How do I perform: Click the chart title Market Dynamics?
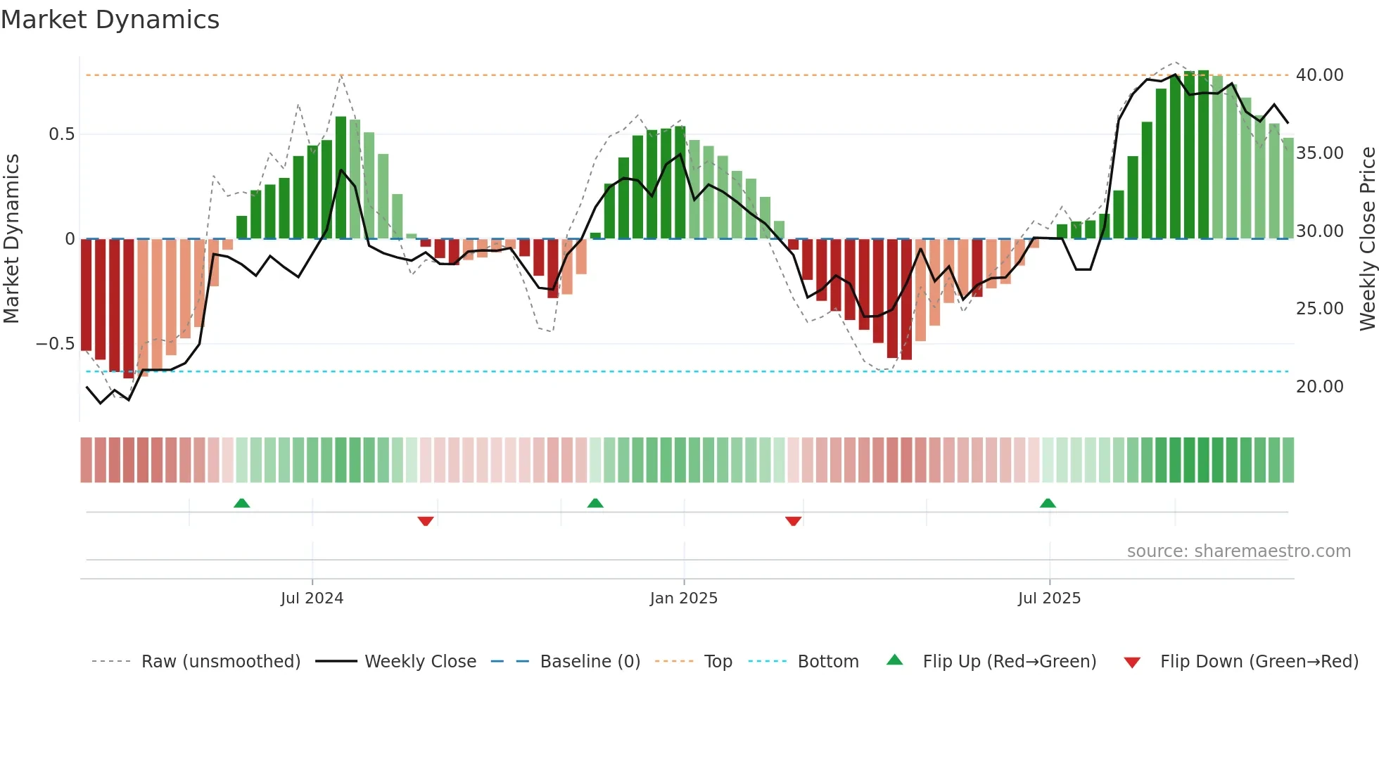(x=110, y=20)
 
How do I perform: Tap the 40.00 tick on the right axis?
(x=1319, y=75)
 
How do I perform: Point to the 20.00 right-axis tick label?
(x=1319, y=386)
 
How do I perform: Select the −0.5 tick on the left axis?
(x=55, y=344)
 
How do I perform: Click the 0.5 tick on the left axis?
(x=61, y=134)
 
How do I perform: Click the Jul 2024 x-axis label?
(x=312, y=598)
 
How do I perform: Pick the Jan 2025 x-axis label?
(x=683, y=598)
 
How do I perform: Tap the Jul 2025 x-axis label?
(x=1048, y=598)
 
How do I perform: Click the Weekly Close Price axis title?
(x=1367, y=238)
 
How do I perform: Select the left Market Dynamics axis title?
(x=11, y=238)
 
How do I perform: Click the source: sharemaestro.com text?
(x=1238, y=551)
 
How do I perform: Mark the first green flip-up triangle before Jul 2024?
(x=241, y=503)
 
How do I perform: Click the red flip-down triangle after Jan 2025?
(x=793, y=521)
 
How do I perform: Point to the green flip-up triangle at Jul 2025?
(x=1048, y=503)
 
